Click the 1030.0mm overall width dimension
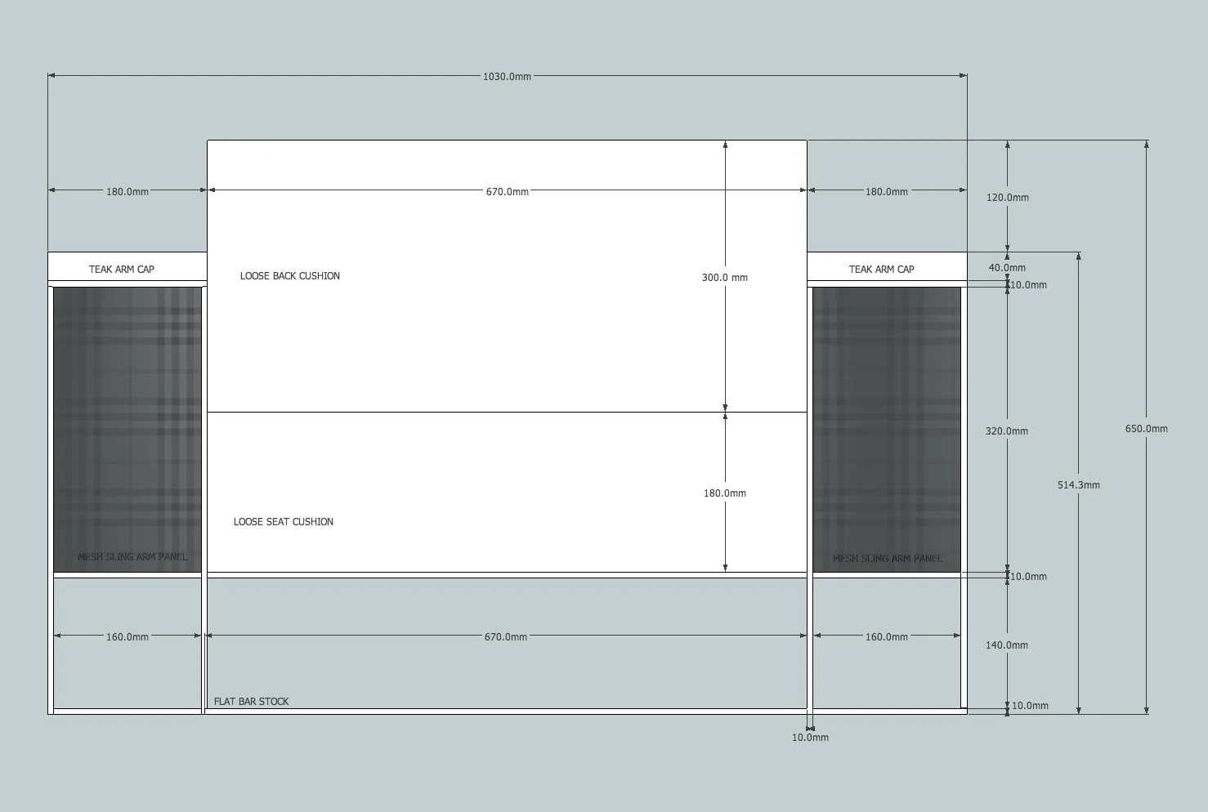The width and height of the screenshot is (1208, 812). click(x=507, y=77)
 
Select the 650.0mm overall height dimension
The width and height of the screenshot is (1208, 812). click(x=1146, y=429)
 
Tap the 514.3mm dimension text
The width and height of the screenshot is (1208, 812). click(x=1078, y=485)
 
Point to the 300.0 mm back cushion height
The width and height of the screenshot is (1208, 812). click(x=724, y=278)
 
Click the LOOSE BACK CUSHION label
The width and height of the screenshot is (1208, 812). click(x=289, y=276)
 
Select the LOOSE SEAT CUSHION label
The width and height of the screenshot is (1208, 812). click(x=283, y=522)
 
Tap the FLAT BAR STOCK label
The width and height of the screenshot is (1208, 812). click(x=251, y=702)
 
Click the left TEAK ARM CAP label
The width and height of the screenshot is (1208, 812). click(x=121, y=270)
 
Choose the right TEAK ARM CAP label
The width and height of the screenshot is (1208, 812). click(x=881, y=270)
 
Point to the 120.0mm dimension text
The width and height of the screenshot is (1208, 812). click(x=1007, y=198)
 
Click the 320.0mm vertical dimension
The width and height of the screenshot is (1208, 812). click(x=1006, y=431)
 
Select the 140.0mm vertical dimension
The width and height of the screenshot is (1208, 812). click(x=1006, y=645)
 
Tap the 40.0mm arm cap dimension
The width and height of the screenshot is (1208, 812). click(x=1007, y=268)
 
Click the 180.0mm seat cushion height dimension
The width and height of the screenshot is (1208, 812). click(x=724, y=493)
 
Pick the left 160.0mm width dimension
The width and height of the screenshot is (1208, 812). click(x=128, y=637)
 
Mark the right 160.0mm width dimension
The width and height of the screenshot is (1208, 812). click(x=887, y=637)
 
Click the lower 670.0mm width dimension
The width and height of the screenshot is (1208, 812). click(x=506, y=637)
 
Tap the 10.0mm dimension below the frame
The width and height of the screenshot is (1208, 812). click(x=810, y=738)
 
